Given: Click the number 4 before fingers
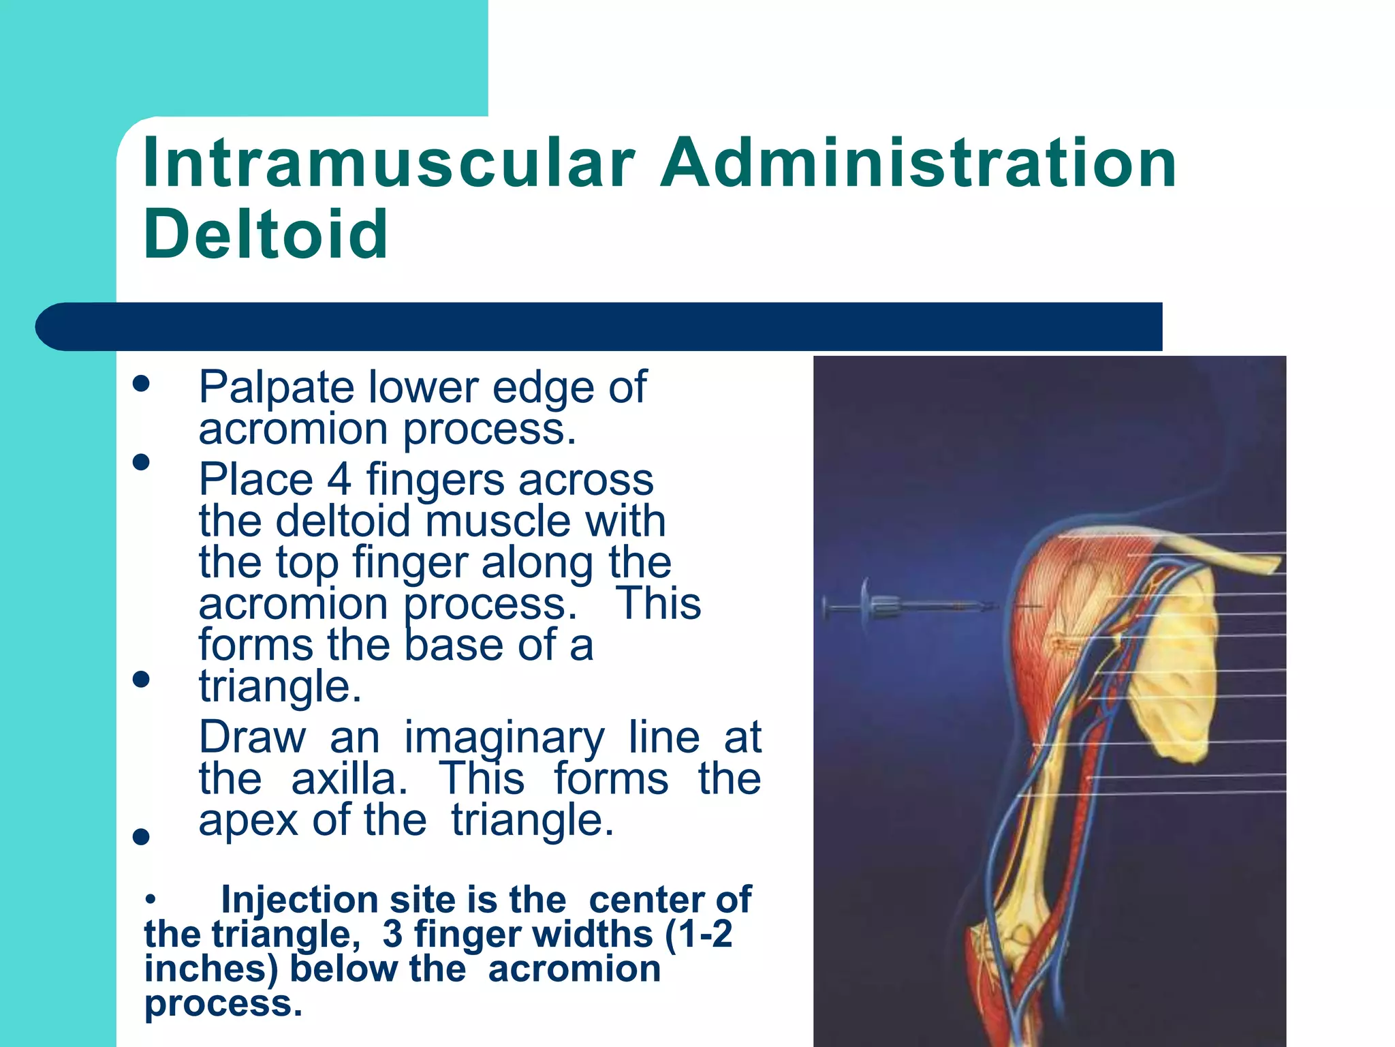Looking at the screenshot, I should (x=339, y=479).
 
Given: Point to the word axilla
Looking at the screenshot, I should (x=349, y=778).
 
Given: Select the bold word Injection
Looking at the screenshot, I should (x=300, y=900).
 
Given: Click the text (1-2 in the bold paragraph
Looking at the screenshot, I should (x=699, y=934).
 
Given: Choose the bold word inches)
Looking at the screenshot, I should (x=211, y=969).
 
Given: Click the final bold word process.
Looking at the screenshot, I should (x=223, y=1004).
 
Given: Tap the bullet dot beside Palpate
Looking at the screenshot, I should (x=141, y=383).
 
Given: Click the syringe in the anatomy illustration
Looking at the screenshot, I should (x=906, y=605).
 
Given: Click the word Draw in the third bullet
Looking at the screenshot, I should (x=253, y=738).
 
